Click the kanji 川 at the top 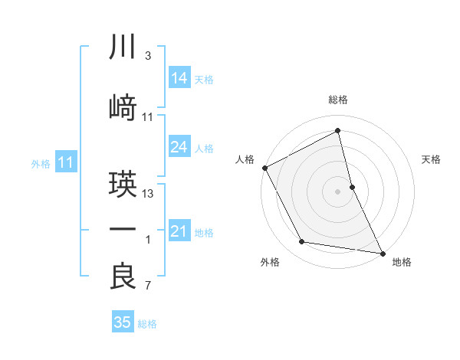(x=123, y=47)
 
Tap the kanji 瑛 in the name (x=123, y=185)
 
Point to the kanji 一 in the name (x=123, y=230)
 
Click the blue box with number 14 (x=179, y=78)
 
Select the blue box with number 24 (x=179, y=147)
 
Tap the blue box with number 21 (x=179, y=231)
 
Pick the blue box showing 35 (x=123, y=322)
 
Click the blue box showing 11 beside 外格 (x=66, y=162)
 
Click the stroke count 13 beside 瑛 (x=149, y=193)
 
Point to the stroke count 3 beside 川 (x=147, y=56)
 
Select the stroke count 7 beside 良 (x=147, y=286)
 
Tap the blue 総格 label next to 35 (x=147, y=324)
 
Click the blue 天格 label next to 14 (x=204, y=80)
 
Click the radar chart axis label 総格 (x=338, y=100)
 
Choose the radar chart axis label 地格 (x=402, y=263)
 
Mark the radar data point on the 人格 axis (x=264, y=168)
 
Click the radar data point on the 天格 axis (x=352, y=187)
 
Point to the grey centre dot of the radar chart (x=338, y=191)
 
